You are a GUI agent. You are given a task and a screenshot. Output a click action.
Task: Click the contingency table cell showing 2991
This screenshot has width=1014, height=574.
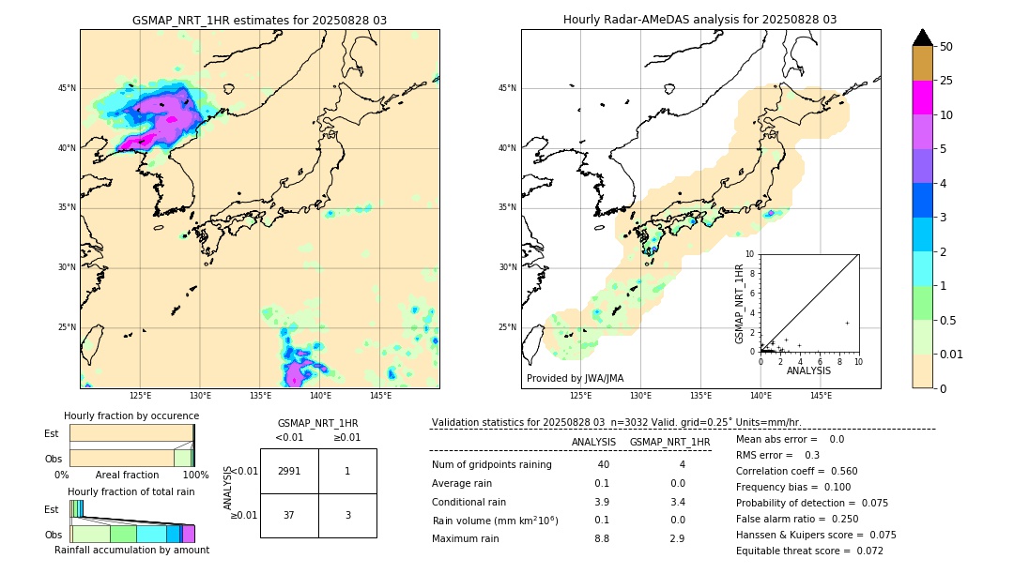click(x=289, y=471)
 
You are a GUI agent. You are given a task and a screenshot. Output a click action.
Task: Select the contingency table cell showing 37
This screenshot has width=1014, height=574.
click(x=289, y=515)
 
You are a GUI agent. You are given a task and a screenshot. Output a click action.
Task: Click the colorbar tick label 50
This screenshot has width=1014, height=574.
click(x=946, y=47)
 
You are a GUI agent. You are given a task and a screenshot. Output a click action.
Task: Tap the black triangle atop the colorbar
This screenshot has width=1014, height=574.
click(x=923, y=38)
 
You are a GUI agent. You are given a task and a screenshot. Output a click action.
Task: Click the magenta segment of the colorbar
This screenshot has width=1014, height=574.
click(x=923, y=98)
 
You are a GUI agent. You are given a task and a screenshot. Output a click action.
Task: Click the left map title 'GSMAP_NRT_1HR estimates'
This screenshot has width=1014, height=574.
click(x=259, y=20)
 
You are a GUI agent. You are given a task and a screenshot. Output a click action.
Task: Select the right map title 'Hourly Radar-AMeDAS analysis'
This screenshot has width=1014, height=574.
click(x=699, y=20)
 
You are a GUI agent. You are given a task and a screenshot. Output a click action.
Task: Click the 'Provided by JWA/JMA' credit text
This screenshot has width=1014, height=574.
click(x=575, y=378)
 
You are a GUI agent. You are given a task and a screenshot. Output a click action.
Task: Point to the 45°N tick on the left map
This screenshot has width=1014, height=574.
click(x=68, y=88)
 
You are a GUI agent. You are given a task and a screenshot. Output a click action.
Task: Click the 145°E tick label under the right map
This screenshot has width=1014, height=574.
click(x=821, y=396)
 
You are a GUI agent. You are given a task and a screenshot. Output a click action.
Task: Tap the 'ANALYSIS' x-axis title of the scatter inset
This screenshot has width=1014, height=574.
click(x=808, y=370)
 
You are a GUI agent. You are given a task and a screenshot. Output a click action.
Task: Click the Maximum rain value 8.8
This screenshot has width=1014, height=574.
click(x=602, y=538)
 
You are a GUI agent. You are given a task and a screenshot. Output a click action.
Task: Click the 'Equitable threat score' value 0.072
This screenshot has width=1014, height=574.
click(x=864, y=551)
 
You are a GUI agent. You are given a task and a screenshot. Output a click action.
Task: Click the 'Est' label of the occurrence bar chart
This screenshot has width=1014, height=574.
click(x=51, y=433)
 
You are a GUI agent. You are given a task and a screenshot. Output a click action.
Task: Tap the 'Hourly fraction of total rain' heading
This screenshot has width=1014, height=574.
click(x=131, y=491)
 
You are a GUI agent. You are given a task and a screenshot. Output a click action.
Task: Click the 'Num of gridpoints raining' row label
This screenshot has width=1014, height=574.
click(x=492, y=465)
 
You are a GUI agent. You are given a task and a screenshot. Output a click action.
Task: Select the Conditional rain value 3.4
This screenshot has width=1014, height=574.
click(x=677, y=502)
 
